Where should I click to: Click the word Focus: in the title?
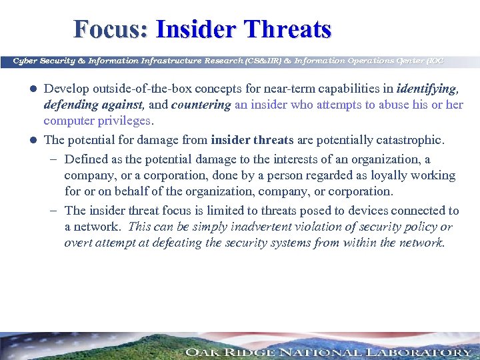[111, 29]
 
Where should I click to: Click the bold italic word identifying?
[427, 89]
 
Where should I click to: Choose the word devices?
[361, 211]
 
